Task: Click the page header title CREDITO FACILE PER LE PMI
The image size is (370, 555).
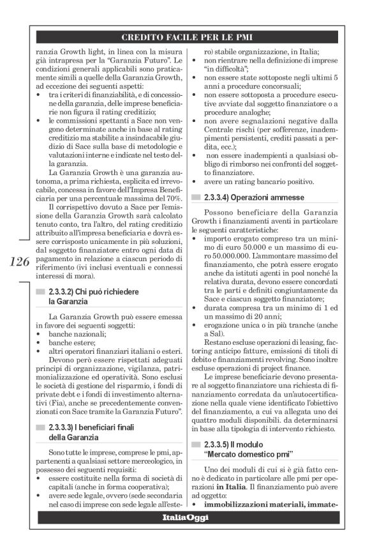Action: coord(191,37)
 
